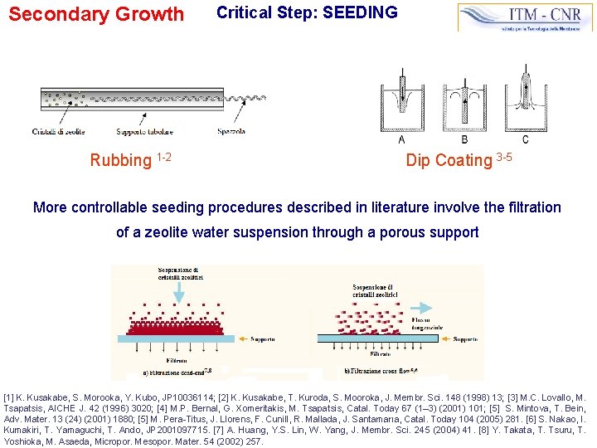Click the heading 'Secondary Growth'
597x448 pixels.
click(96, 14)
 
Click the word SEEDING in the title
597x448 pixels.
click(357, 12)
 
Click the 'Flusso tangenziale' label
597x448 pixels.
click(431, 323)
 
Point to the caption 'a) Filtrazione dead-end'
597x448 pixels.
click(178, 372)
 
